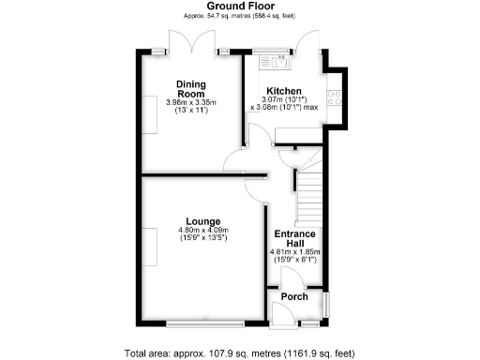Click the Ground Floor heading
[240, 7]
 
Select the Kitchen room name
[283, 91]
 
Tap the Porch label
[294, 296]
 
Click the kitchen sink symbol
[279, 63]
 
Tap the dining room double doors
[185, 42]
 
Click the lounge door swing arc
[253, 185]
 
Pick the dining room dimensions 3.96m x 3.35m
[191, 102]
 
